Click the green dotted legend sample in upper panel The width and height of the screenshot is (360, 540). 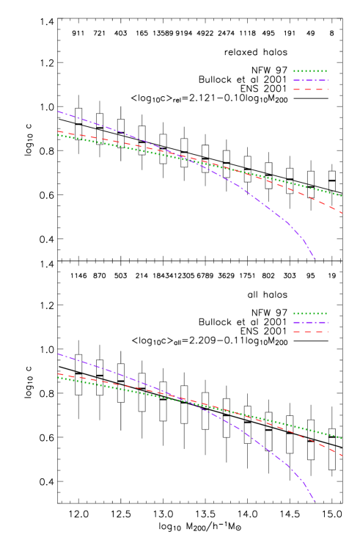tap(310, 71)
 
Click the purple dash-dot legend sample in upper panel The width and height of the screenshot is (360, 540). tap(310, 80)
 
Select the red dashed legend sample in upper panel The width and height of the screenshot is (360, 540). tap(310, 90)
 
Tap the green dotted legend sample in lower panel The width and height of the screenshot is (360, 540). tap(310, 313)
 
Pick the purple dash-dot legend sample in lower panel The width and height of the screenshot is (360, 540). tap(310, 322)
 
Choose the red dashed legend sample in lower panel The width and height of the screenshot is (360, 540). tap(310, 332)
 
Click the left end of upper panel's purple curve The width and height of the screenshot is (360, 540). tap(58, 112)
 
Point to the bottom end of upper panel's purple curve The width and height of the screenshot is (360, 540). tap(315, 259)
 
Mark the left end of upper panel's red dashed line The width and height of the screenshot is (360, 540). tap(58, 131)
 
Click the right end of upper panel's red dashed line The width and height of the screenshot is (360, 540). tap(342, 213)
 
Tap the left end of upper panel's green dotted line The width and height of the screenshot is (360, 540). tap(58, 135)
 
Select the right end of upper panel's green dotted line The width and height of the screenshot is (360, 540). tap(342, 196)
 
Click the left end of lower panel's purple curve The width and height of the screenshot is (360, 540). tap(58, 354)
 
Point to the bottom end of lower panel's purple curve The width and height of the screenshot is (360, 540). tap(315, 501)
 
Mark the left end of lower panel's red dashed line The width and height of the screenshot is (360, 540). tap(58, 373)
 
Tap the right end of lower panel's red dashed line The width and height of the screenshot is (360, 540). tap(342, 456)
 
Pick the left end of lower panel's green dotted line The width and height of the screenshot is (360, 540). tap(58, 377)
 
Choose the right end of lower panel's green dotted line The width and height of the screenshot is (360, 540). tap(342, 438)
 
